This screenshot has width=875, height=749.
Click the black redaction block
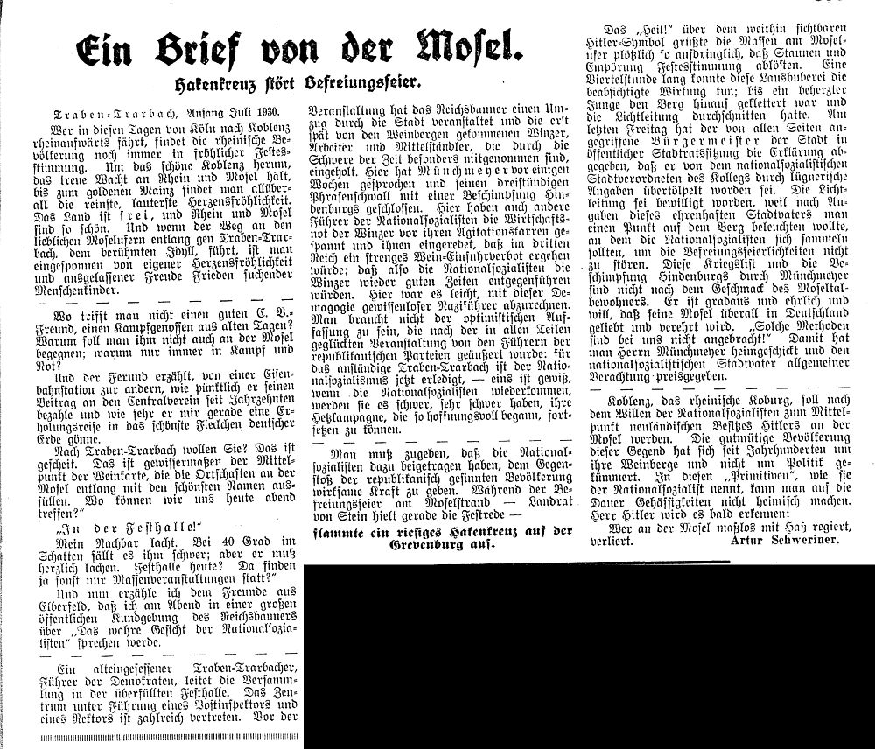[586, 656]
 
